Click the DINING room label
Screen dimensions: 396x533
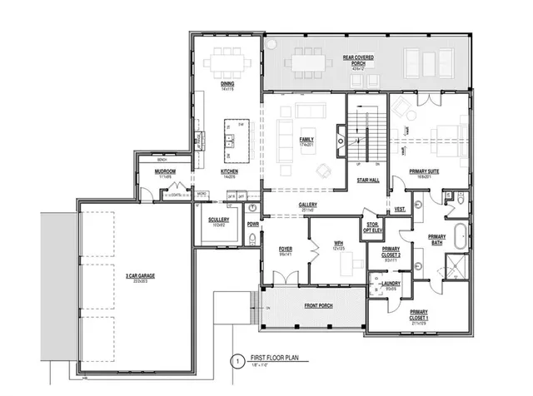point(226,84)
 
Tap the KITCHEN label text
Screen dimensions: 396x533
point(229,172)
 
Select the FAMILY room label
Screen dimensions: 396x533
point(306,140)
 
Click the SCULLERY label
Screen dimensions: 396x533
point(218,220)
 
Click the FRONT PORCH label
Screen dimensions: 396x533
point(316,306)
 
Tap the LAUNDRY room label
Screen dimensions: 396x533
point(391,285)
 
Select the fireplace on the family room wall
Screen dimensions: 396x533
point(340,136)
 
